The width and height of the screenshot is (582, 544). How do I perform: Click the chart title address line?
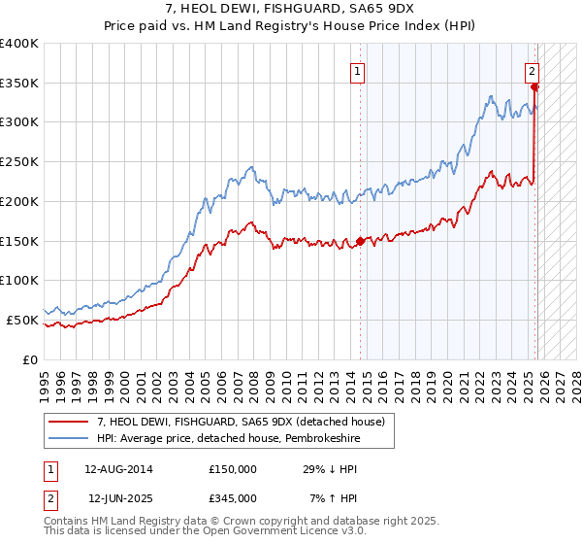point(291,9)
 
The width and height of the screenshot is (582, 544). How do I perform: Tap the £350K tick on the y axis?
point(19,84)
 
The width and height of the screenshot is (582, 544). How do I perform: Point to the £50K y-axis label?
point(22,320)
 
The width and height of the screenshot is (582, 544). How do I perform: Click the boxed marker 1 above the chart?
point(358,70)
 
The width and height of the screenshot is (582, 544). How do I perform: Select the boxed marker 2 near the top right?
point(533,70)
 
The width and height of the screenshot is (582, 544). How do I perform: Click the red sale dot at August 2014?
point(360,241)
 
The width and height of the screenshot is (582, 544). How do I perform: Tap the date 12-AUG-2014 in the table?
point(119,469)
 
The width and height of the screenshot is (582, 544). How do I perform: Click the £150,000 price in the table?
point(233,469)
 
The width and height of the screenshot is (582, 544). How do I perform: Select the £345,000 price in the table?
point(233,498)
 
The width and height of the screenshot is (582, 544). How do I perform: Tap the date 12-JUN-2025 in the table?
point(119,498)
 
